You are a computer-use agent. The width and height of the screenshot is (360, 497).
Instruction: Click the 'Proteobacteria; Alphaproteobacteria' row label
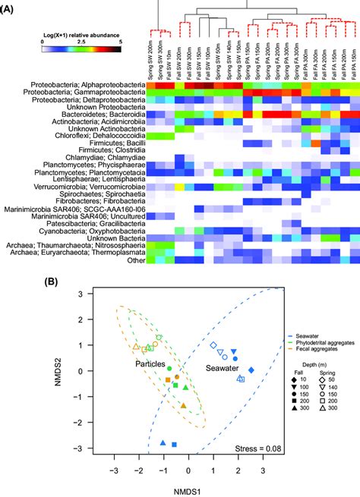(x=84, y=84)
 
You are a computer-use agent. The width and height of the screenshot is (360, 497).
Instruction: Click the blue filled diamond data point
(x=251, y=370)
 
